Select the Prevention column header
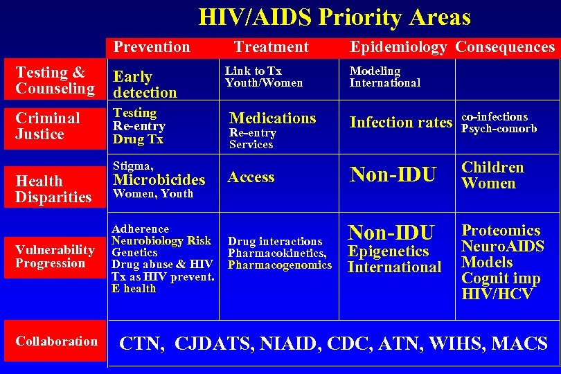(x=152, y=47)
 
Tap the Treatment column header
(x=271, y=47)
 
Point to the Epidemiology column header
(x=398, y=47)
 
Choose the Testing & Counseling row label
(x=55, y=80)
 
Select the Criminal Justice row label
(x=48, y=126)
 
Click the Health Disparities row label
(x=53, y=189)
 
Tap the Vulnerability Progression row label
(x=55, y=256)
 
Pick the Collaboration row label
(x=56, y=341)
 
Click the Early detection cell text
(x=145, y=84)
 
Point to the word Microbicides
(x=159, y=180)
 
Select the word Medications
(x=272, y=118)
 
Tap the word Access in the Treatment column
(x=251, y=177)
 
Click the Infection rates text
(x=400, y=123)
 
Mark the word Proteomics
(x=501, y=231)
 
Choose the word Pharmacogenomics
(x=280, y=265)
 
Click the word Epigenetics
(x=389, y=251)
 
